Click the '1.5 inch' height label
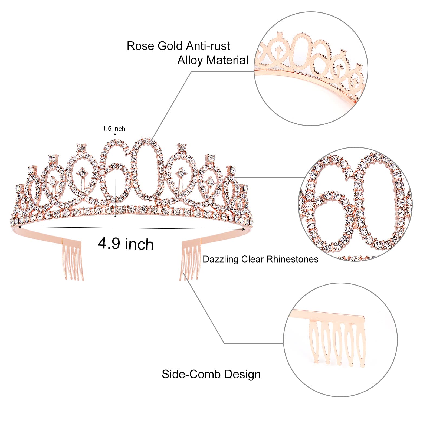pos(114,129)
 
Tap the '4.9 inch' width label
pos(126,244)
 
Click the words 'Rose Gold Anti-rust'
pos(178,46)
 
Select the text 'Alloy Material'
pos(212,60)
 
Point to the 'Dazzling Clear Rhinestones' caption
pos(260,259)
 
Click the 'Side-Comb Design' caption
pos(211,374)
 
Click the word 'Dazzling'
pos(221,259)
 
